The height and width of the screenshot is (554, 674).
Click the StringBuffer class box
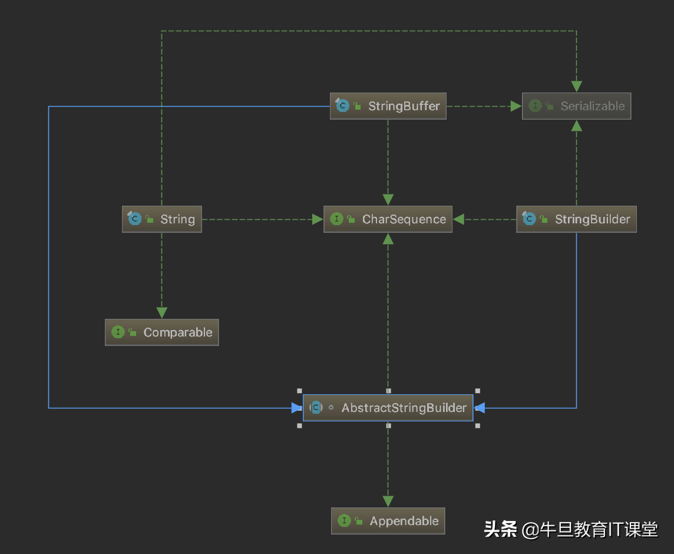point(388,106)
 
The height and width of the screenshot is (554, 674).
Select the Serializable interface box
point(576,106)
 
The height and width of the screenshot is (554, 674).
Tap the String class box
point(161,219)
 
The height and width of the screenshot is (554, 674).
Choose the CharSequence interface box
point(388,219)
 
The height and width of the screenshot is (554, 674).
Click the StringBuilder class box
point(576,219)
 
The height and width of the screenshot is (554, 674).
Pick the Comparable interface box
point(161,332)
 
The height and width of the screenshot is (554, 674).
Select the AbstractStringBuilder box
point(388,408)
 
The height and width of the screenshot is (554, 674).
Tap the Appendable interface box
point(388,521)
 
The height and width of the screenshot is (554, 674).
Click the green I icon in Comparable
point(118,332)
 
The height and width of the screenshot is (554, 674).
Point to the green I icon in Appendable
point(344,521)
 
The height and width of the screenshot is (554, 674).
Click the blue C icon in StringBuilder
point(529,219)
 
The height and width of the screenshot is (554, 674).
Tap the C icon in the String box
point(134,219)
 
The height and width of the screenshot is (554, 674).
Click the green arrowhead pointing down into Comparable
point(161,313)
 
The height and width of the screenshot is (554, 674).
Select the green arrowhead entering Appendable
point(388,502)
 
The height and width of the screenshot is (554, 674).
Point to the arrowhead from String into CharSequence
point(318,219)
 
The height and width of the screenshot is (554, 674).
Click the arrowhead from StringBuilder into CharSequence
point(459,219)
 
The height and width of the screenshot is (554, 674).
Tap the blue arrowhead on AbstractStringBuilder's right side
point(479,408)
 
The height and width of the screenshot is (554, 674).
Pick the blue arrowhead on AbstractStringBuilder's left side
point(297,408)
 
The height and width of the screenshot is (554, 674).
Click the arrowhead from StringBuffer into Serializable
point(516,106)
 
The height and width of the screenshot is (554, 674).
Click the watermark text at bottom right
point(570,529)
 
